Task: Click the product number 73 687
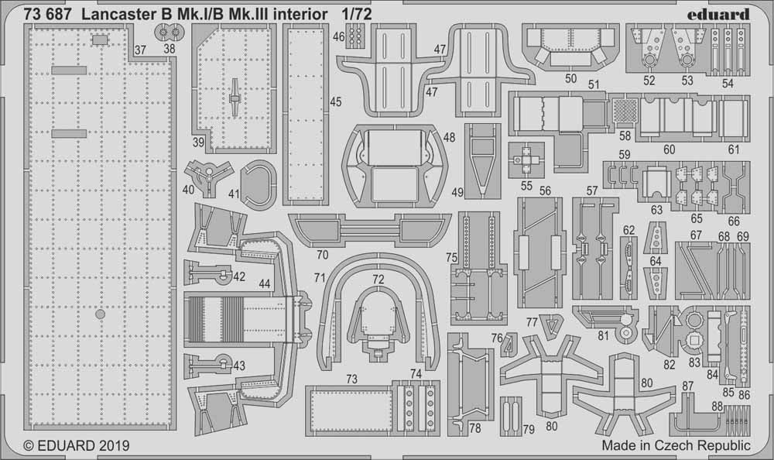[x=48, y=13]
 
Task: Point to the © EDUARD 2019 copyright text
[x=77, y=446]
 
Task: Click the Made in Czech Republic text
[x=675, y=446]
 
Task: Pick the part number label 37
[x=139, y=50]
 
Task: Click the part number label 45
[x=335, y=101]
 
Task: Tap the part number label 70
[x=321, y=253]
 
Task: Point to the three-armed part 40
[x=207, y=177]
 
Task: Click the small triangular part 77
[x=551, y=324]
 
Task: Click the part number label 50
[x=571, y=78]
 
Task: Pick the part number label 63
[x=656, y=209]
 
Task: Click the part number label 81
[x=603, y=335]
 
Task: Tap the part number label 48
[x=450, y=137]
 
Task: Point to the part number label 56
[x=545, y=191]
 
